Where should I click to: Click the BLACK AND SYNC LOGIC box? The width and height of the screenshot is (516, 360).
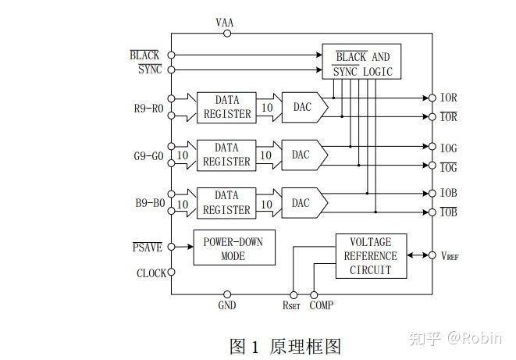[361, 64]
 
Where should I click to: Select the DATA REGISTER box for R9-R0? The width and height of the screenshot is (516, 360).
[226, 107]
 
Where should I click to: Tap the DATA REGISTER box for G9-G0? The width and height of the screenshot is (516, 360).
[226, 155]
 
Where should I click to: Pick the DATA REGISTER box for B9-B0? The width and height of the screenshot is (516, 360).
[226, 202]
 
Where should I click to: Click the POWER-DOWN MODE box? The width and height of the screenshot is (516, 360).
[233, 248]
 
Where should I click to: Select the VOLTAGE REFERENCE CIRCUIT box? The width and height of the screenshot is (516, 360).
[372, 256]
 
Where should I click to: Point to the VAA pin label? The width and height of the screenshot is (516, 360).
[225, 22]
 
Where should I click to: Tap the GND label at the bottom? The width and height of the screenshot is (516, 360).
[226, 305]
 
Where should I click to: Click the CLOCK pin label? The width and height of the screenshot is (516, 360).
[151, 273]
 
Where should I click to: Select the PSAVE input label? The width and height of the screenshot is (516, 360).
[148, 248]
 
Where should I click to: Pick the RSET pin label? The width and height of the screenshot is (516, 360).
[291, 305]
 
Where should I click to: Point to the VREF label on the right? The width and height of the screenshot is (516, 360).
[451, 256]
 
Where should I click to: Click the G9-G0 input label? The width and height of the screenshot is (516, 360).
[148, 155]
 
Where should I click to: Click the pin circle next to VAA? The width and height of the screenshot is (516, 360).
[227, 34]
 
